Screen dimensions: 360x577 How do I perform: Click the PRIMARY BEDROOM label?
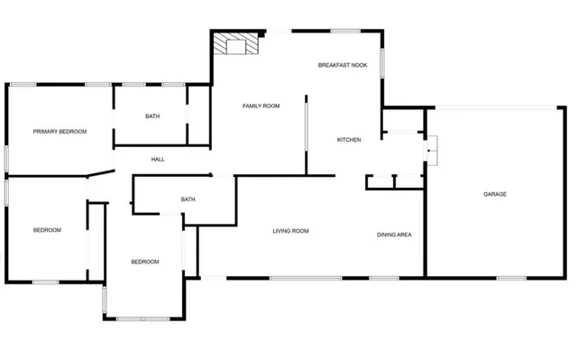(60, 132)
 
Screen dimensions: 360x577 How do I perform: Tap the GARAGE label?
(494, 194)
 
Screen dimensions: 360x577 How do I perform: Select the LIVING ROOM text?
(290, 231)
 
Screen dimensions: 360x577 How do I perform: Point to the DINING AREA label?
(394, 235)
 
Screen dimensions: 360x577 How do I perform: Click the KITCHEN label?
(349, 140)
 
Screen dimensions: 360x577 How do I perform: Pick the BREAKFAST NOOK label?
(342, 65)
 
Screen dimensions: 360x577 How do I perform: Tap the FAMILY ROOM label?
(261, 106)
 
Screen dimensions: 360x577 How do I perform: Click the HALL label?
(158, 160)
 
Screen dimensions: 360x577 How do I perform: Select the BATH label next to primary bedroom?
(152, 116)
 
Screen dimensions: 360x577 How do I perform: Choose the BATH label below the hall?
(188, 199)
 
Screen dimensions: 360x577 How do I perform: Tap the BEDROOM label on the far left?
(47, 230)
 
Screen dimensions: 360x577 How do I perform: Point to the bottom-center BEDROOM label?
(145, 262)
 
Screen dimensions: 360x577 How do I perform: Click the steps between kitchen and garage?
(432, 150)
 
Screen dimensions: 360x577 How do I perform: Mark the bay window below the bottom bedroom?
(142, 318)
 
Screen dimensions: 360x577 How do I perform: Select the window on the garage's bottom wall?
(511, 277)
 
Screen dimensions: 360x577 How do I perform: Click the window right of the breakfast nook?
(384, 64)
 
